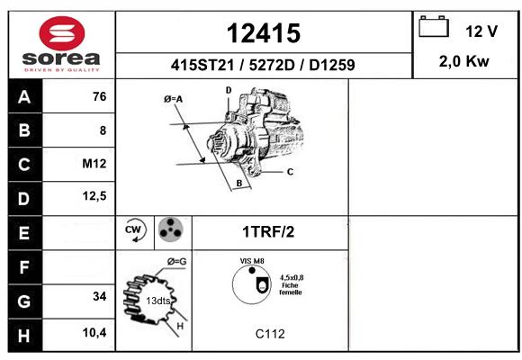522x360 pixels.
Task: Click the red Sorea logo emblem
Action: pyautogui.click(x=62, y=33)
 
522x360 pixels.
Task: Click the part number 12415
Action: pyautogui.click(x=264, y=33)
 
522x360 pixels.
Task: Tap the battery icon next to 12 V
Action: pyautogui.click(x=434, y=26)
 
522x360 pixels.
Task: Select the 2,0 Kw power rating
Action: pyautogui.click(x=463, y=61)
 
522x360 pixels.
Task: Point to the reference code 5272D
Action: pyautogui.click(x=272, y=65)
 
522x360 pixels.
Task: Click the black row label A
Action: pyautogui.click(x=25, y=96)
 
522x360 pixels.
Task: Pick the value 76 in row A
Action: pyautogui.click(x=100, y=96)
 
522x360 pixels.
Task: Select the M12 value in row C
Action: pyautogui.click(x=94, y=164)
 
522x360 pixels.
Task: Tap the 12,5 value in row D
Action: pyautogui.click(x=94, y=196)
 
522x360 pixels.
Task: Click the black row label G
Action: pyautogui.click(x=25, y=301)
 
